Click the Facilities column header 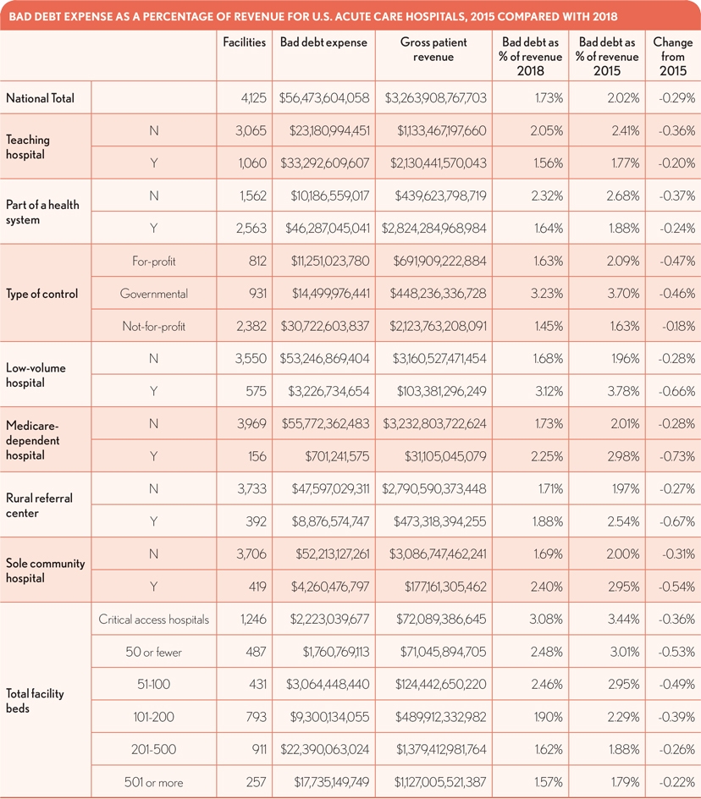pos(245,42)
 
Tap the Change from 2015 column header pos(673,56)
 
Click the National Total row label pos(41,98)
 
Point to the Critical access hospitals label pos(154,620)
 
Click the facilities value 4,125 pos(252,98)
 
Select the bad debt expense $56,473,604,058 pos(323,98)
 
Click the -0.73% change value pos(678,456)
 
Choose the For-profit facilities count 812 pos(256,262)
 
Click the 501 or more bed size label pos(154,782)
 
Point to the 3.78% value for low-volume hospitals pos(622,392)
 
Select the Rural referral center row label pos(41,505)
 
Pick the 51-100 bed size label pos(154,685)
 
